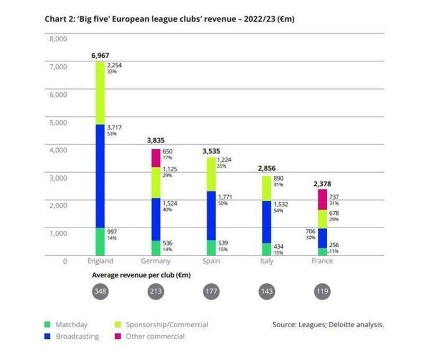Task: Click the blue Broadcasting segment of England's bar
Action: [x=100, y=176]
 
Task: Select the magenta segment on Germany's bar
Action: [x=156, y=158]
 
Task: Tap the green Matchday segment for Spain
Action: [x=211, y=248]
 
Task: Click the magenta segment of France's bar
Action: [x=322, y=200]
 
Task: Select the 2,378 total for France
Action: [x=321, y=183]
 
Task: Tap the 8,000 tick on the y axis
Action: [x=59, y=39]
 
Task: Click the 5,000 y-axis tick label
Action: [x=59, y=122]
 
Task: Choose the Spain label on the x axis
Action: [x=211, y=261]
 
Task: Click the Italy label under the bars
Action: [x=266, y=261]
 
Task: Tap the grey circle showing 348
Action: [x=100, y=292]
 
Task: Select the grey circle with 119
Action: [x=322, y=292]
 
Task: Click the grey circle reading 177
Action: [x=211, y=292]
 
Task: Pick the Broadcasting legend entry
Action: [x=77, y=336]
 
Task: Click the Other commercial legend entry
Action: [x=155, y=336]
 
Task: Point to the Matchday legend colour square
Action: [x=47, y=325]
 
